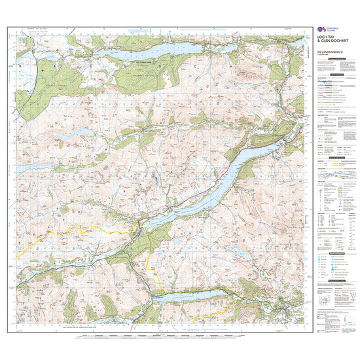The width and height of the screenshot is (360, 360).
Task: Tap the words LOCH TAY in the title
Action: pyautogui.click(x=329, y=38)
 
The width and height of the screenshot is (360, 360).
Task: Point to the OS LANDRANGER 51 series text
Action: pyautogui.click(x=331, y=51)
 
